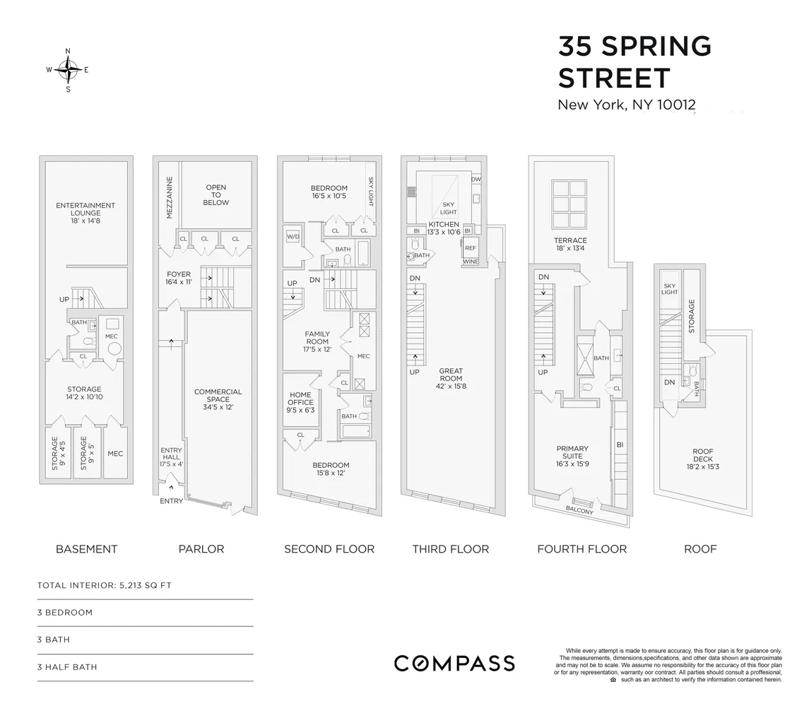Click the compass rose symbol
(x=68, y=70)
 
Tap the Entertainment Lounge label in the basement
(x=85, y=213)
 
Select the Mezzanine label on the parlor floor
(x=169, y=198)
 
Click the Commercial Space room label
(x=218, y=399)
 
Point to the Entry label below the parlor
(x=171, y=501)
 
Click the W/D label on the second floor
(x=293, y=237)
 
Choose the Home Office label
(x=300, y=402)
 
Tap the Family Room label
(x=317, y=341)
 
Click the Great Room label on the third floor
(x=451, y=379)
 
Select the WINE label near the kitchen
(x=471, y=261)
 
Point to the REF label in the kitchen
(x=471, y=248)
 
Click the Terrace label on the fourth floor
(x=570, y=244)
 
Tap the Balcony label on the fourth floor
(x=579, y=510)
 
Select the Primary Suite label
(x=572, y=456)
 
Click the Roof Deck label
(x=702, y=459)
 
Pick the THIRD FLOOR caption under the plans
(x=451, y=549)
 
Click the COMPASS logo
(x=454, y=663)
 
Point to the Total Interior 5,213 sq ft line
(x=104, y=585)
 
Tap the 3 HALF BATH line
(x=66, y=667)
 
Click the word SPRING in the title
(x=656, y=47)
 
